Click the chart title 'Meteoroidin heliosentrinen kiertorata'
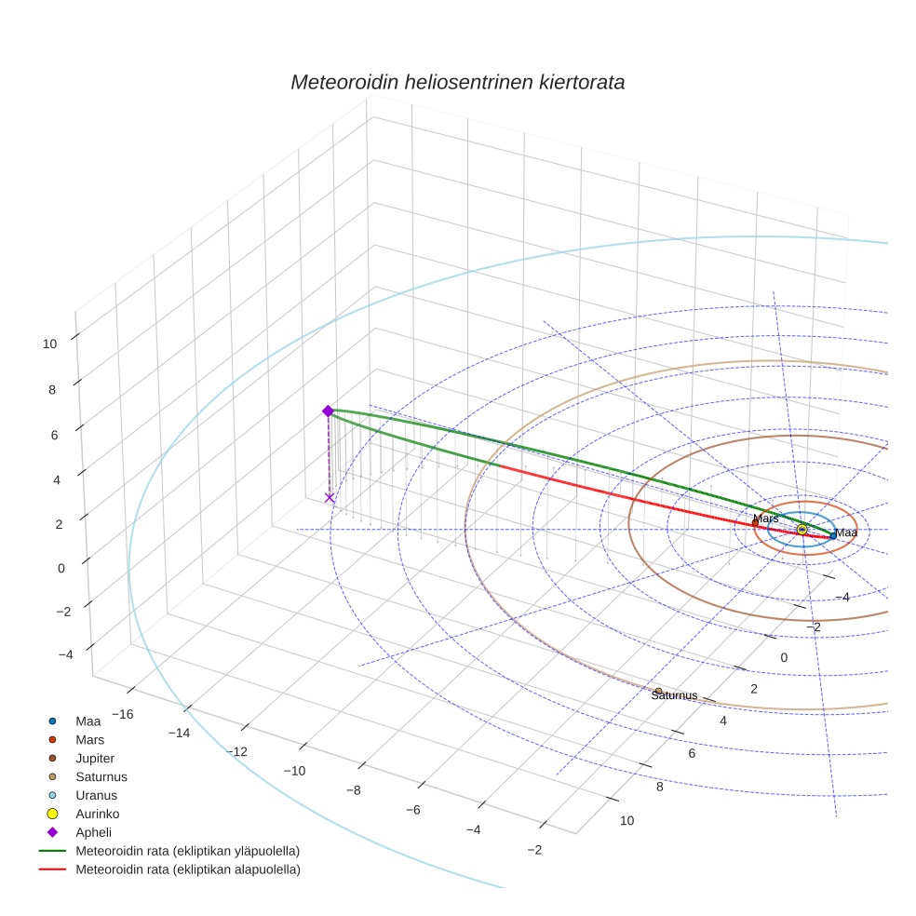tap(457, 82)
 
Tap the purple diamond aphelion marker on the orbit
tap(328, 411)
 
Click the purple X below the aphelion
tap(329, 498)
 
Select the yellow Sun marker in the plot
tap(801, 529)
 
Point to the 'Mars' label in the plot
tap(765, 518)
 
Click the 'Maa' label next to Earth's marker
tap(845, 533)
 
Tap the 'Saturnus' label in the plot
tap(675, 695)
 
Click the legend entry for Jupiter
tap(95, 758)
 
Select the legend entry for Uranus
tap(95, 795)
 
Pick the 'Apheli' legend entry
tap(93, 832)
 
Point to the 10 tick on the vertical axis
tap(49, 343)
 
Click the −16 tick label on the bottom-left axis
tap(121, 713)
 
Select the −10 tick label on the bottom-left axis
tap(295, 771)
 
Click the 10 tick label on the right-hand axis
tap(626, 820)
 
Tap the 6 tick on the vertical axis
tap(53, 435)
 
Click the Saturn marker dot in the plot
tap(658, 691)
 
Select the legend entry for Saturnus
tap(101, 776)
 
